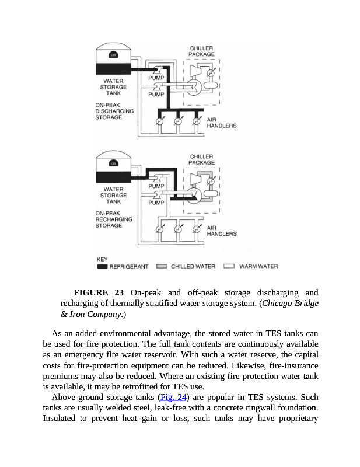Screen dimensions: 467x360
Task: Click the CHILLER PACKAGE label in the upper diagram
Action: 201,51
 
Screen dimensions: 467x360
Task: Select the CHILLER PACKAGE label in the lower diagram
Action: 201,159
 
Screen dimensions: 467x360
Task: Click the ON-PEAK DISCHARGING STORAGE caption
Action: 114,111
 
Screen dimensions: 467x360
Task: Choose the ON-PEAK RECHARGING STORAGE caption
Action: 114,219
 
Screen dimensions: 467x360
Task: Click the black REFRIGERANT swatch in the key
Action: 102,267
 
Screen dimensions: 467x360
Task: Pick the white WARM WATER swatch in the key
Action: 229,267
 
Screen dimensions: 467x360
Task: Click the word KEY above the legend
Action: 102,259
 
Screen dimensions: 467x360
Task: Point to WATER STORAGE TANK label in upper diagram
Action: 114,87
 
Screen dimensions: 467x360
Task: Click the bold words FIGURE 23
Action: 99,292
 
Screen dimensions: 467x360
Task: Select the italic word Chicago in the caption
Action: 279,304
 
